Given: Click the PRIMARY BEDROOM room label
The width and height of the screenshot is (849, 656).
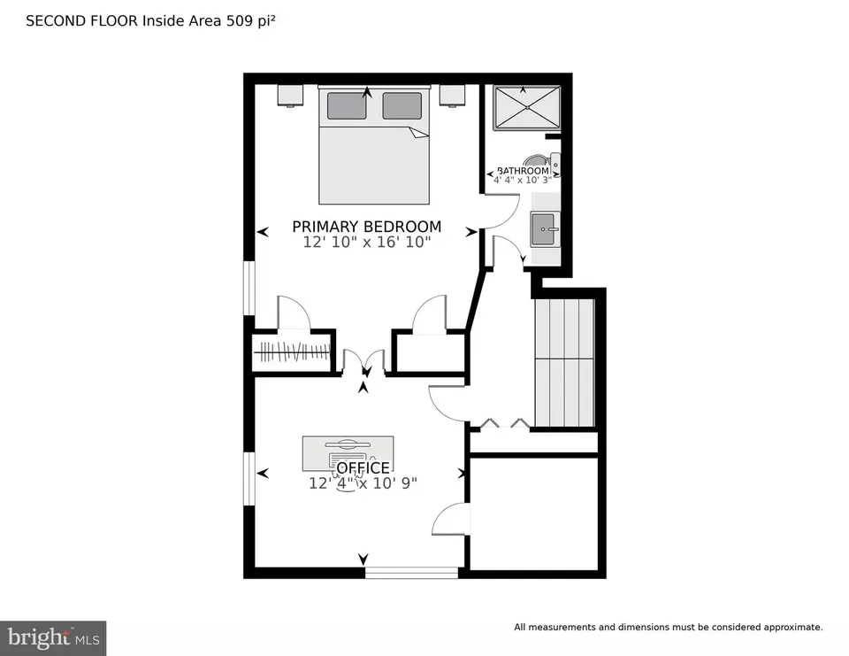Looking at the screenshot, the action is pos(366,226).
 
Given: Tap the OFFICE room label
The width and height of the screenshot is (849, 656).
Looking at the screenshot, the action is pos(363,467).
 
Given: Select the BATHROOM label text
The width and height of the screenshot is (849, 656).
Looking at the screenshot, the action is pos(523,171).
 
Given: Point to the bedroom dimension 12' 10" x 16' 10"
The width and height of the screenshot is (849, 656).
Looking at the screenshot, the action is pos(366,242).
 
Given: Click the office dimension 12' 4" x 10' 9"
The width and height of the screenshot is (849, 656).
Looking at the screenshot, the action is pos(363,483).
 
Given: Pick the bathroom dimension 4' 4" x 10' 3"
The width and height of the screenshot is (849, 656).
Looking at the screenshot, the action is pos(523,180).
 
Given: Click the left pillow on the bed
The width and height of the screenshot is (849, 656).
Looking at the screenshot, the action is pos(347,105).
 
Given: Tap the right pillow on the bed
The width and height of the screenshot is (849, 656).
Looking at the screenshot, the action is pos(402,105).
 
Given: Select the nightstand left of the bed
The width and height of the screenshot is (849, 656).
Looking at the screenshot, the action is pos(291,96).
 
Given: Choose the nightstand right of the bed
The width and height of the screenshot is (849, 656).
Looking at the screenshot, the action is pos(453,96).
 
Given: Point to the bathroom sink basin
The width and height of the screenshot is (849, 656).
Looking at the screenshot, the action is pos(543,229).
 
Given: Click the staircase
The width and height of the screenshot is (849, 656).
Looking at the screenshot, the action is pos(565,362).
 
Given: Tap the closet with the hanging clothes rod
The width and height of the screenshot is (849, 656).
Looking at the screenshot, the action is pos(293,351).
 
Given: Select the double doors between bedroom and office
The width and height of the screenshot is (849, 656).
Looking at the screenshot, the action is pos(363,362).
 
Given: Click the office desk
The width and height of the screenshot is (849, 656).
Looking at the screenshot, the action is pos(348,453).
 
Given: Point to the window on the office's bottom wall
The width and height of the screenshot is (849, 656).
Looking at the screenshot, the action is pos(411,573).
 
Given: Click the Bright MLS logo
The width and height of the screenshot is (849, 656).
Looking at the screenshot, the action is pos(53,637).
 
